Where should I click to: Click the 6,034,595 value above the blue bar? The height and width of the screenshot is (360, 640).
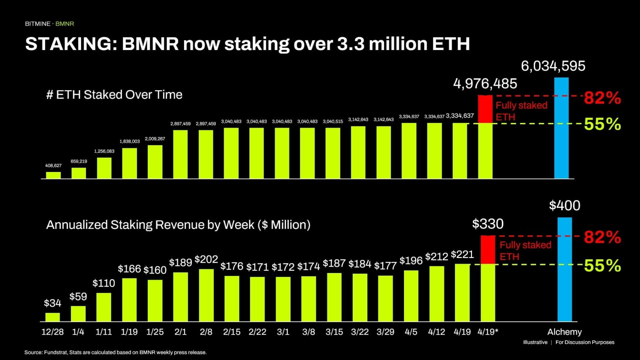pos(553,66)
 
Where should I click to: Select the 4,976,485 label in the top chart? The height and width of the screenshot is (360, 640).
pos(485,84)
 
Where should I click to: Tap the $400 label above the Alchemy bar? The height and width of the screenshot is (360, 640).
pos(564,205)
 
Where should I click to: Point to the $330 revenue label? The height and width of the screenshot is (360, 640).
pos(488,224)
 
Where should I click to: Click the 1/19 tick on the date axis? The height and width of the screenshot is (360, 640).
pos(129,332)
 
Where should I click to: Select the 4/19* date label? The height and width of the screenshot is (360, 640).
pos(488,332)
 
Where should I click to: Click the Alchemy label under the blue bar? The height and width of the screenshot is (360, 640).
pos(564,332)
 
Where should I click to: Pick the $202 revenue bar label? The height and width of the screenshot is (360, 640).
pos(206,259)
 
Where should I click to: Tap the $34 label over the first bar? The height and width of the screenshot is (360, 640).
pos(52,303)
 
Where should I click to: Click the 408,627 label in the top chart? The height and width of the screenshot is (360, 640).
pos(53,166)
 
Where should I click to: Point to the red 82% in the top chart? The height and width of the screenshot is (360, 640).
pos(602,98)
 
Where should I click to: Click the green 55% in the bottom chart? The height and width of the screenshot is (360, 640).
pos(602,266)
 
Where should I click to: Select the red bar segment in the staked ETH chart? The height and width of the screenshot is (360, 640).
pos(485,109)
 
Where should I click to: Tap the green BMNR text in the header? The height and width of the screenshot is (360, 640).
pos(65,24)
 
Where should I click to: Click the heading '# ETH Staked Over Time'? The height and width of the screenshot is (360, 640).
pos(114,95)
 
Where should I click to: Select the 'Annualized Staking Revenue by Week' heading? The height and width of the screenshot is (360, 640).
pos(178,225)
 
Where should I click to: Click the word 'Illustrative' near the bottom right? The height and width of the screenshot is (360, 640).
pos(535,342)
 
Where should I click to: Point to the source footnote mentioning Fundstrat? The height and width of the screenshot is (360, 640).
pos(115,352)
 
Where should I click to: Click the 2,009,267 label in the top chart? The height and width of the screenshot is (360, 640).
pos(155,139)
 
